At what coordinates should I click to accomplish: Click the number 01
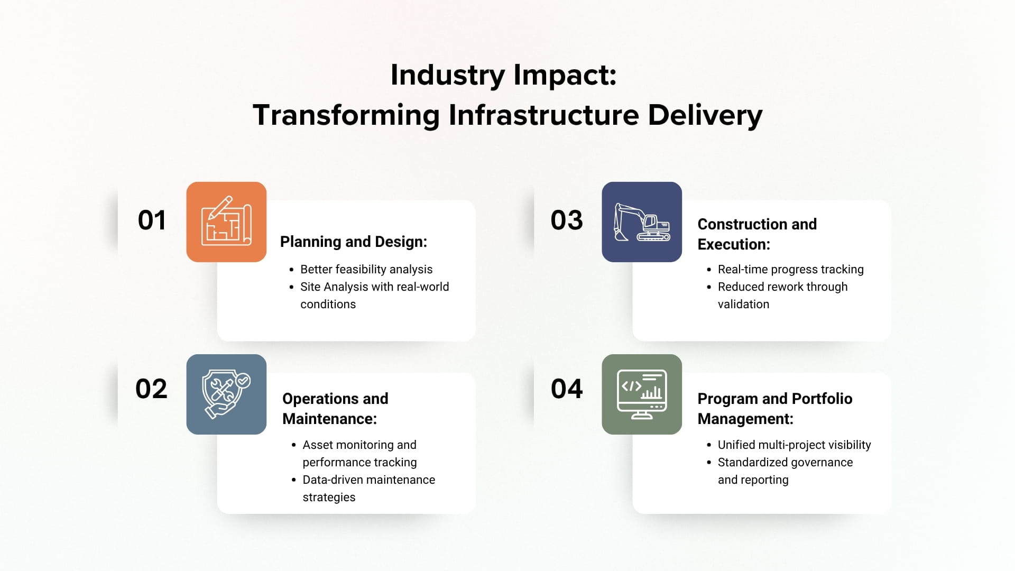click(152, 220)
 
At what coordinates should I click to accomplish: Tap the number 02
click(151, 389)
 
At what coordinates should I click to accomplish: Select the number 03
click(567, 220)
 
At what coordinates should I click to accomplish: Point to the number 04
click(567, 389)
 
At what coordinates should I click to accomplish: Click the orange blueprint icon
click(226, 222)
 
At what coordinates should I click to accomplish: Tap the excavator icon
click(642, 222)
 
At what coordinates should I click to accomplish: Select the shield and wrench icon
click(226, 394)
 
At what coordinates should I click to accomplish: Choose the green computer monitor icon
click(642, 394)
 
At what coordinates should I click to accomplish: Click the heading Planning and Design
click(353, 242)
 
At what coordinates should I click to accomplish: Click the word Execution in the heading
click(733, 244)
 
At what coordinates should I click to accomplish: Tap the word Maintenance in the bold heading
click(329, 419)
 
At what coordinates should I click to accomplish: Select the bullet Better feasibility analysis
click(366, 270)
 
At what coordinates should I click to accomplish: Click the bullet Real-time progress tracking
click(790, 270)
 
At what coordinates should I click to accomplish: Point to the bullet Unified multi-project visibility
click(794, 445)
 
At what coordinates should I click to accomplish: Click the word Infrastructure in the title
click(544, 115)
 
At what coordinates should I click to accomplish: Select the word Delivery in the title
click(705, 115)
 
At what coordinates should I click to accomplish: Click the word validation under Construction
click(743, 305)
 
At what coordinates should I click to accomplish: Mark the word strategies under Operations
click(329, 498)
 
